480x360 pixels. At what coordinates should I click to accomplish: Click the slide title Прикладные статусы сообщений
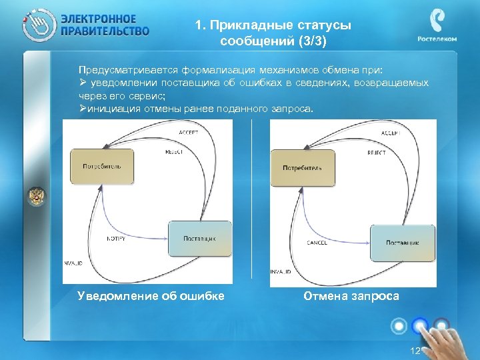point(273,33)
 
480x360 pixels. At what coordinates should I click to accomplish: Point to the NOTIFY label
point(117,238)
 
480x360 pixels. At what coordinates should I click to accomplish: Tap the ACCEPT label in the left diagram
point(189,133)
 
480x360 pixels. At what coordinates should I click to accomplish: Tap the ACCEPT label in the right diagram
point(390,133)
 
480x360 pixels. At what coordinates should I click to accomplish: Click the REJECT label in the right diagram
point(376,153)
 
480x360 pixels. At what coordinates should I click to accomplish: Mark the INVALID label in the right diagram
point(281,272)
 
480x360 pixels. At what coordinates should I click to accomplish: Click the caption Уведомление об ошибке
point(151,296)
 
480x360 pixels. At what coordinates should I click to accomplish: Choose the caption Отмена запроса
point(351,296)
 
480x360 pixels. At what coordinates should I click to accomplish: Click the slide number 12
point(415,351)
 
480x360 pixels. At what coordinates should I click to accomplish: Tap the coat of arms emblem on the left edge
point(36,196)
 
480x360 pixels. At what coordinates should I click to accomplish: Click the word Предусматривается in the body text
point(119,71)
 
